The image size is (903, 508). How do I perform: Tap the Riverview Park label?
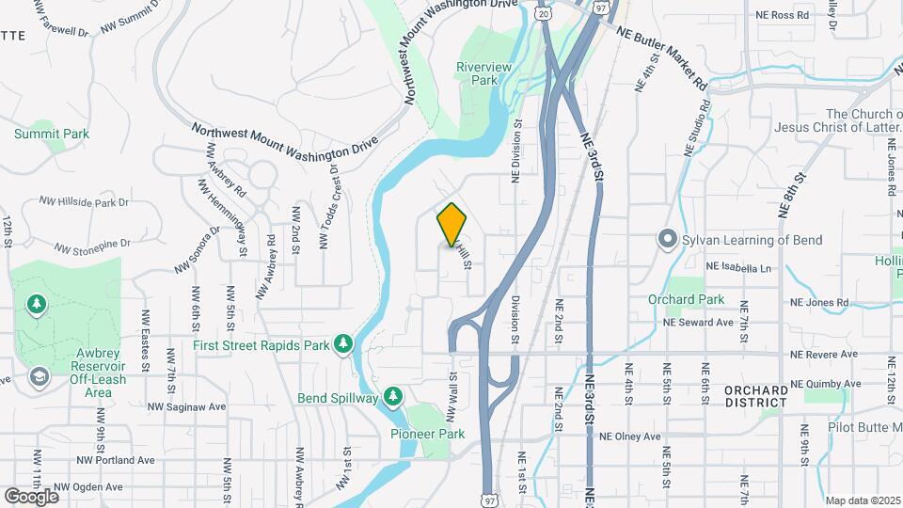pos(483,73)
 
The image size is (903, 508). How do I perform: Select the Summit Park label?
pos(52,134)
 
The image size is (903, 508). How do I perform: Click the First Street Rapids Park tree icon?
pos(344,344)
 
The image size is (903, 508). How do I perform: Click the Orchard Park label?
pos(687,299)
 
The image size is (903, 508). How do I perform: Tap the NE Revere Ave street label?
pos(825,354)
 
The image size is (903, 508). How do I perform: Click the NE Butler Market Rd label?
pos(663,56)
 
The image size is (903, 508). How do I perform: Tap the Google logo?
pos(31,496)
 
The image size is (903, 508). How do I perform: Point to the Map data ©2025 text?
pos(861,500)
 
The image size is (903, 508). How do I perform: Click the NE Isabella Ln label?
pos(740,268)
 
